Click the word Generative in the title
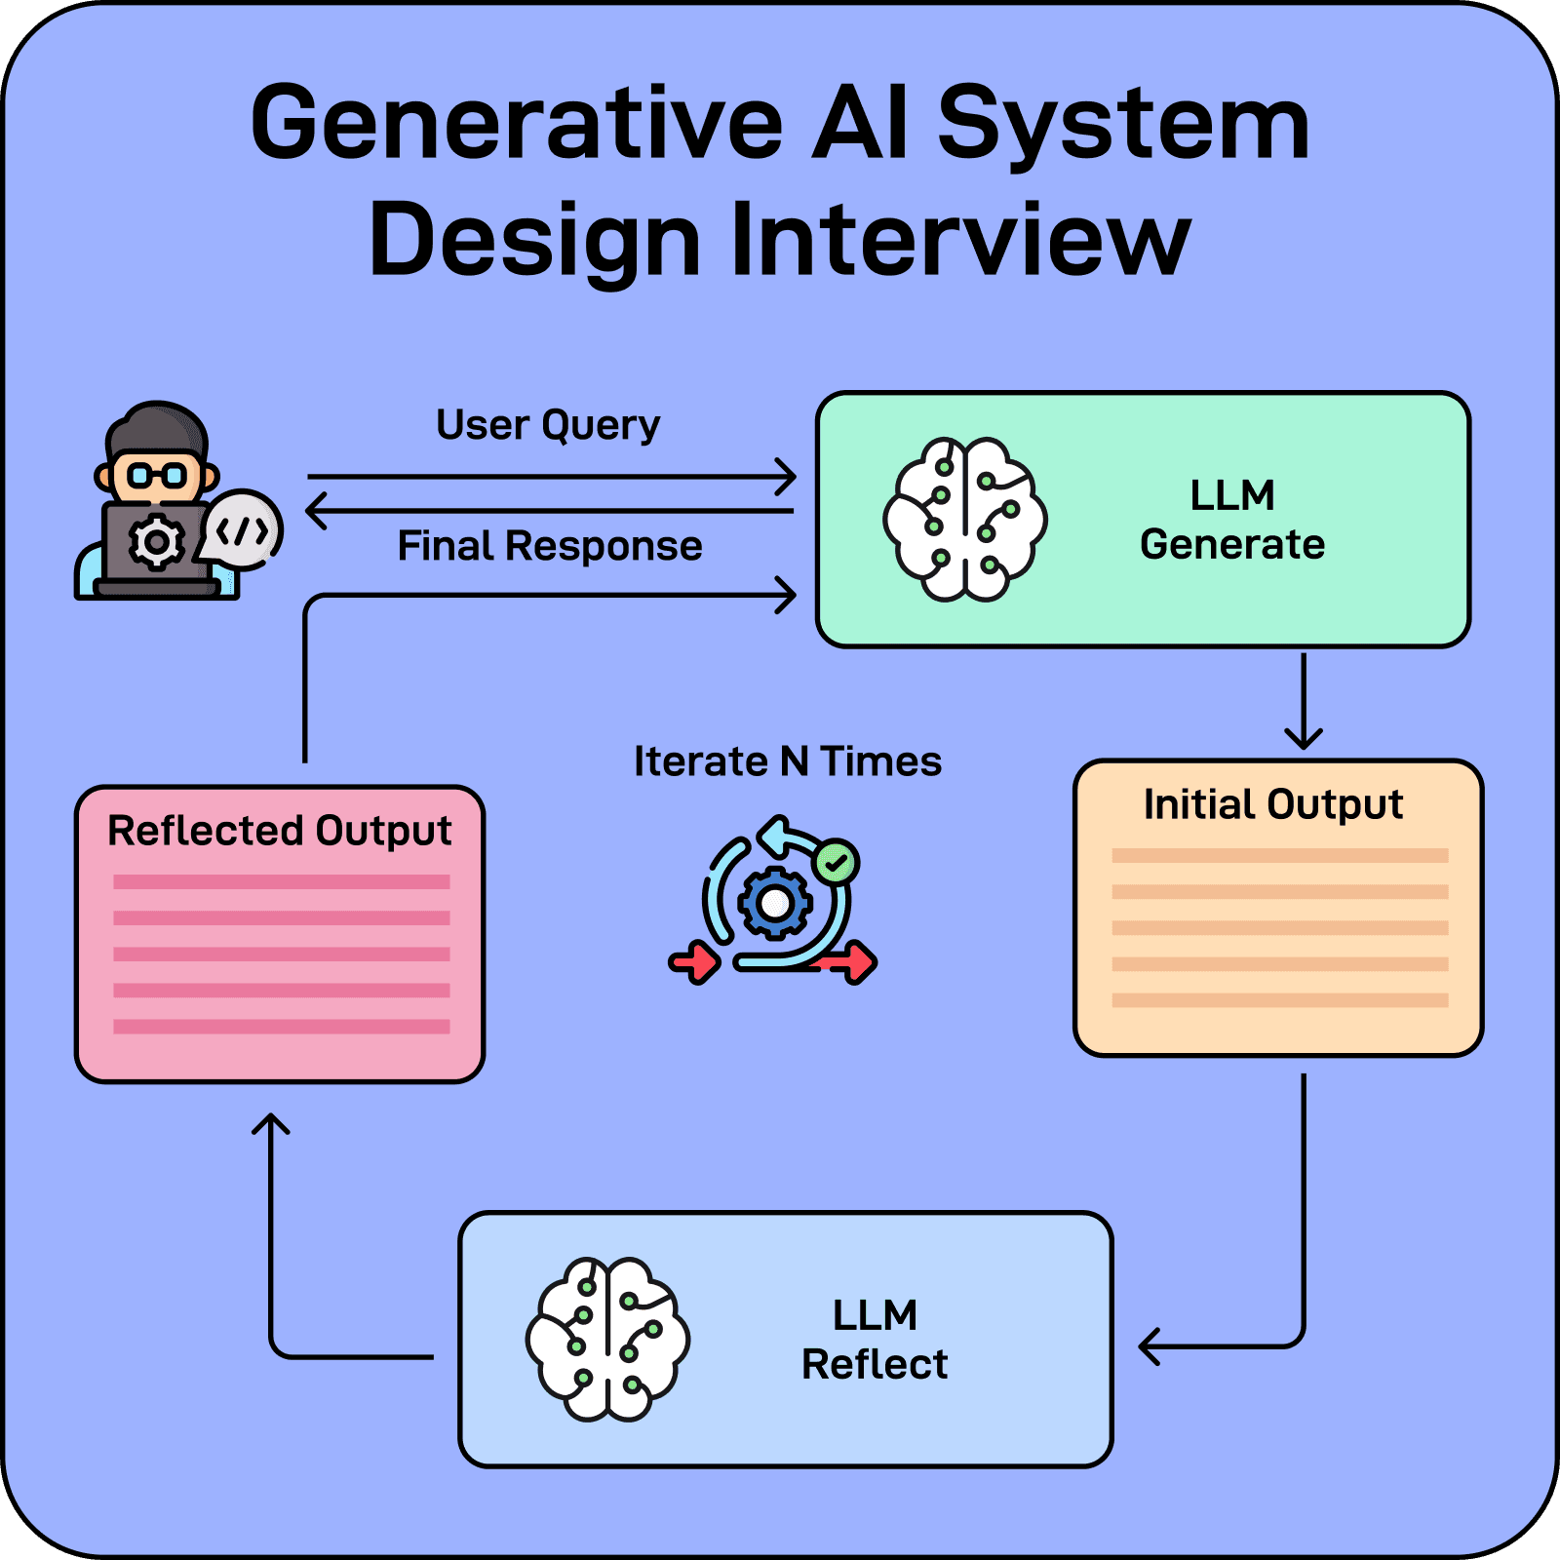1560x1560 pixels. [516, 124]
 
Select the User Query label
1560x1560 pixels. [548, 424]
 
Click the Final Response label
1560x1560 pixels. [549, 546]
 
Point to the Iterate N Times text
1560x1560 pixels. [787, 761]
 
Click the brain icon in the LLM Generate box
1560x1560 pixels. [964, 519]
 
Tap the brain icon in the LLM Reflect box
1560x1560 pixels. [607, 1339]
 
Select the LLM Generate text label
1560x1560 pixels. [1231, 520]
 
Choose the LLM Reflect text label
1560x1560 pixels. [874, 1340]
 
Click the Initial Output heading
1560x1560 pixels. [1272, 805]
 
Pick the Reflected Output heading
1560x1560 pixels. [279, 831]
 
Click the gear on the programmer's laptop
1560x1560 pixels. [156, 542]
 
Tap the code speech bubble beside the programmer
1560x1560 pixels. [242, 530]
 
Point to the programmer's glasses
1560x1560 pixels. [157, 476]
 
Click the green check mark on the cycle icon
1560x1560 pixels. [836, 862]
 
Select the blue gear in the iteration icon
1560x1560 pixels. [774, 903]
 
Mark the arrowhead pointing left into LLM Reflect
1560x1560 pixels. [1148, 1346]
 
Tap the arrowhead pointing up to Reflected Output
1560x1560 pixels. [271, 1123]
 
